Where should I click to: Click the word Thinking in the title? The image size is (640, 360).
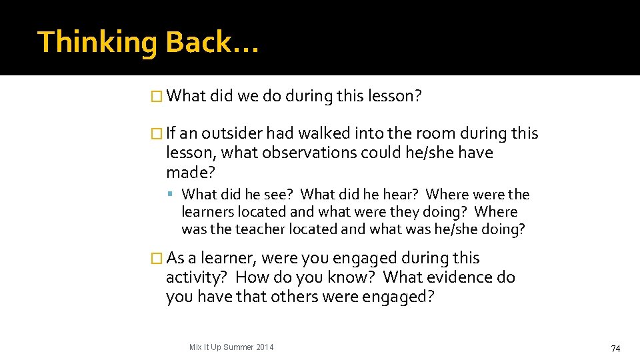tap(97, 42)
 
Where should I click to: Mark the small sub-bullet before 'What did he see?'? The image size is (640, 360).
tap(171, 195)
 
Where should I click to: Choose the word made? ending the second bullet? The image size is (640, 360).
tap(191, 172)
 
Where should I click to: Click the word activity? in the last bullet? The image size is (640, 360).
tap(197, 277)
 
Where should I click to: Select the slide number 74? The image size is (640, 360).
tap(615, 349)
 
